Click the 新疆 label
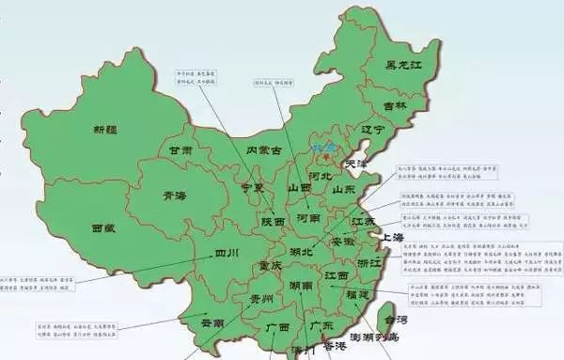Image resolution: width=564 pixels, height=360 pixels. coord(108,129)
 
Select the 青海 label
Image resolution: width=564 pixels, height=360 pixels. coord(174,197)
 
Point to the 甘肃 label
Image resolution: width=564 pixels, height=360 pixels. coord(181,149)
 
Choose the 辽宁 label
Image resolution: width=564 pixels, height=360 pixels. coord(373,129)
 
